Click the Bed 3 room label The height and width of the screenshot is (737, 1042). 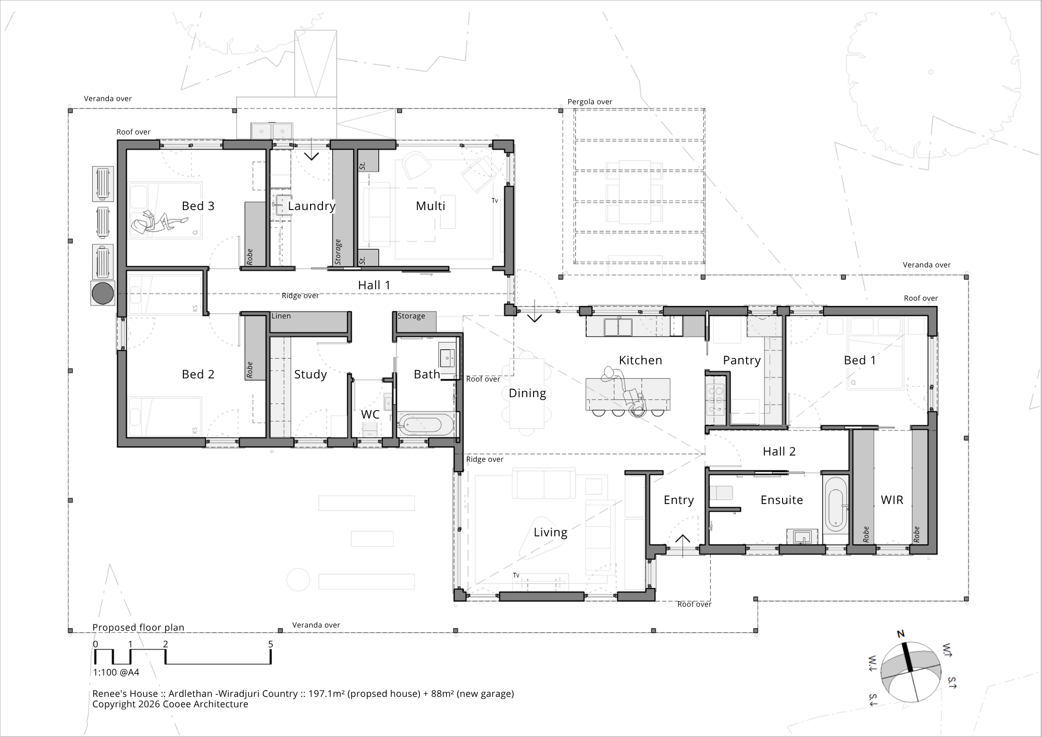click(198, 206)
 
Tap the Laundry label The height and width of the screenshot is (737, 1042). click(312, 206)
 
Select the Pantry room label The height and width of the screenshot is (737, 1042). click(742, 361)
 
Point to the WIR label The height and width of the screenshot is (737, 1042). click(892, 500)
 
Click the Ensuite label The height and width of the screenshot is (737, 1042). click(781, 500)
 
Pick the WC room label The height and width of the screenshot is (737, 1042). click(370, 414)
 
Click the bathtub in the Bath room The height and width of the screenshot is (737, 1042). click(427, 425)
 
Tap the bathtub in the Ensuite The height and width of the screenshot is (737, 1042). click(836, 503)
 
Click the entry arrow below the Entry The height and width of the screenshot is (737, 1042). click(683, 545)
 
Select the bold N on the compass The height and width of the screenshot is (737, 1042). click(900, 634)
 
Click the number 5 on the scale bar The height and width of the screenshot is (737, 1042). click(270, 644)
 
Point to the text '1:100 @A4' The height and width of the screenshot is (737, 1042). click(116, 672)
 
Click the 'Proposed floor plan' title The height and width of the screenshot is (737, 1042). click(138, 628)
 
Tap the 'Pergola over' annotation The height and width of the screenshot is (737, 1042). click(590, 102)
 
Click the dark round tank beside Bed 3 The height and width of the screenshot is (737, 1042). click(103, 293)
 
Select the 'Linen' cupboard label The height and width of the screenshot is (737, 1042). click(281, 316)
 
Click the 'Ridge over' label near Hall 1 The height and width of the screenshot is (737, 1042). click(300, 296)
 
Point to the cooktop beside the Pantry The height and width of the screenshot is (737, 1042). click(715, 399)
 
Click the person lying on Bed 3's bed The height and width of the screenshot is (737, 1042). click(159, 223)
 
